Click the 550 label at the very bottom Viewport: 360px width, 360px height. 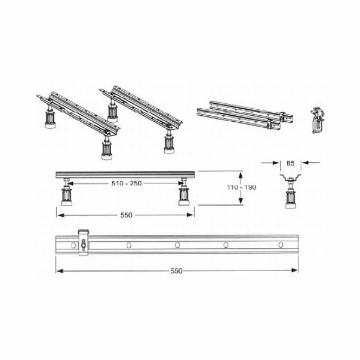177,270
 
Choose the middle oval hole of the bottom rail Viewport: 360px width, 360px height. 177,245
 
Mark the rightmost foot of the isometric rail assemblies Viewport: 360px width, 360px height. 169,142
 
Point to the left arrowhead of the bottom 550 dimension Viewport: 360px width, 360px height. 58,270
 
